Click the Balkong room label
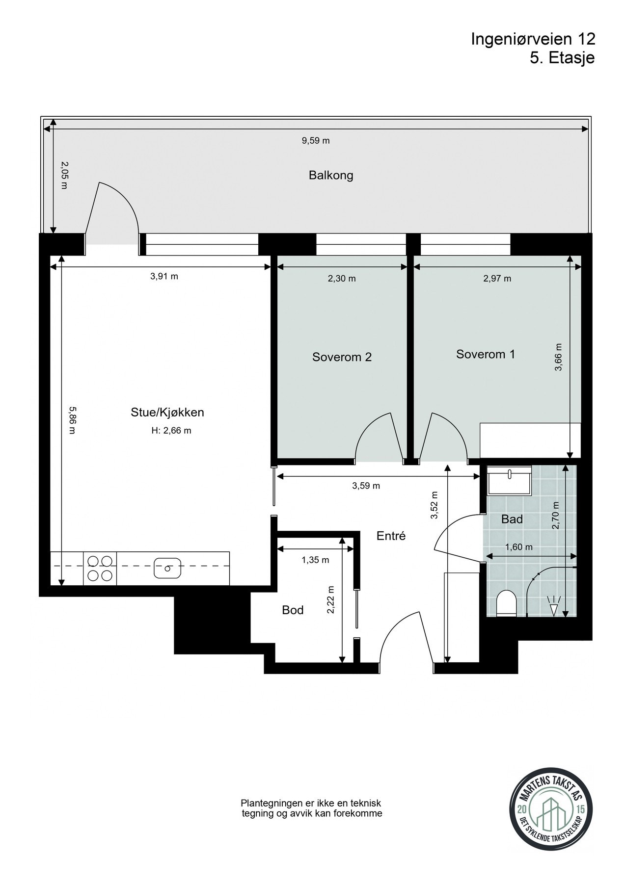click(331, 175)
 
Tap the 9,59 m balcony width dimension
click(315, 141)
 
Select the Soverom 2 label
click(342, 357)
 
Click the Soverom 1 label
click(486, 354)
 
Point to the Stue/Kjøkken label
click(167, 413)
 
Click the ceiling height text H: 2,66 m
click(171, 431)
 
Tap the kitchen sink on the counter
click(167, 568)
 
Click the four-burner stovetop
click(100, 568)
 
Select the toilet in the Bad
click(506, 603)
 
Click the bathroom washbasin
click(510, 480)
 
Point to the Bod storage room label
click(293, 610)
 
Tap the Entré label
click(391, 536)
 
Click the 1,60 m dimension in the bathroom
click(519, 547)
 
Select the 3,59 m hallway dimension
click(366, 486)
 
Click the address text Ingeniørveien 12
click(533, 39)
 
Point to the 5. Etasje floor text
click(562, 58)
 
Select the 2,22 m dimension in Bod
click(331, 599)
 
